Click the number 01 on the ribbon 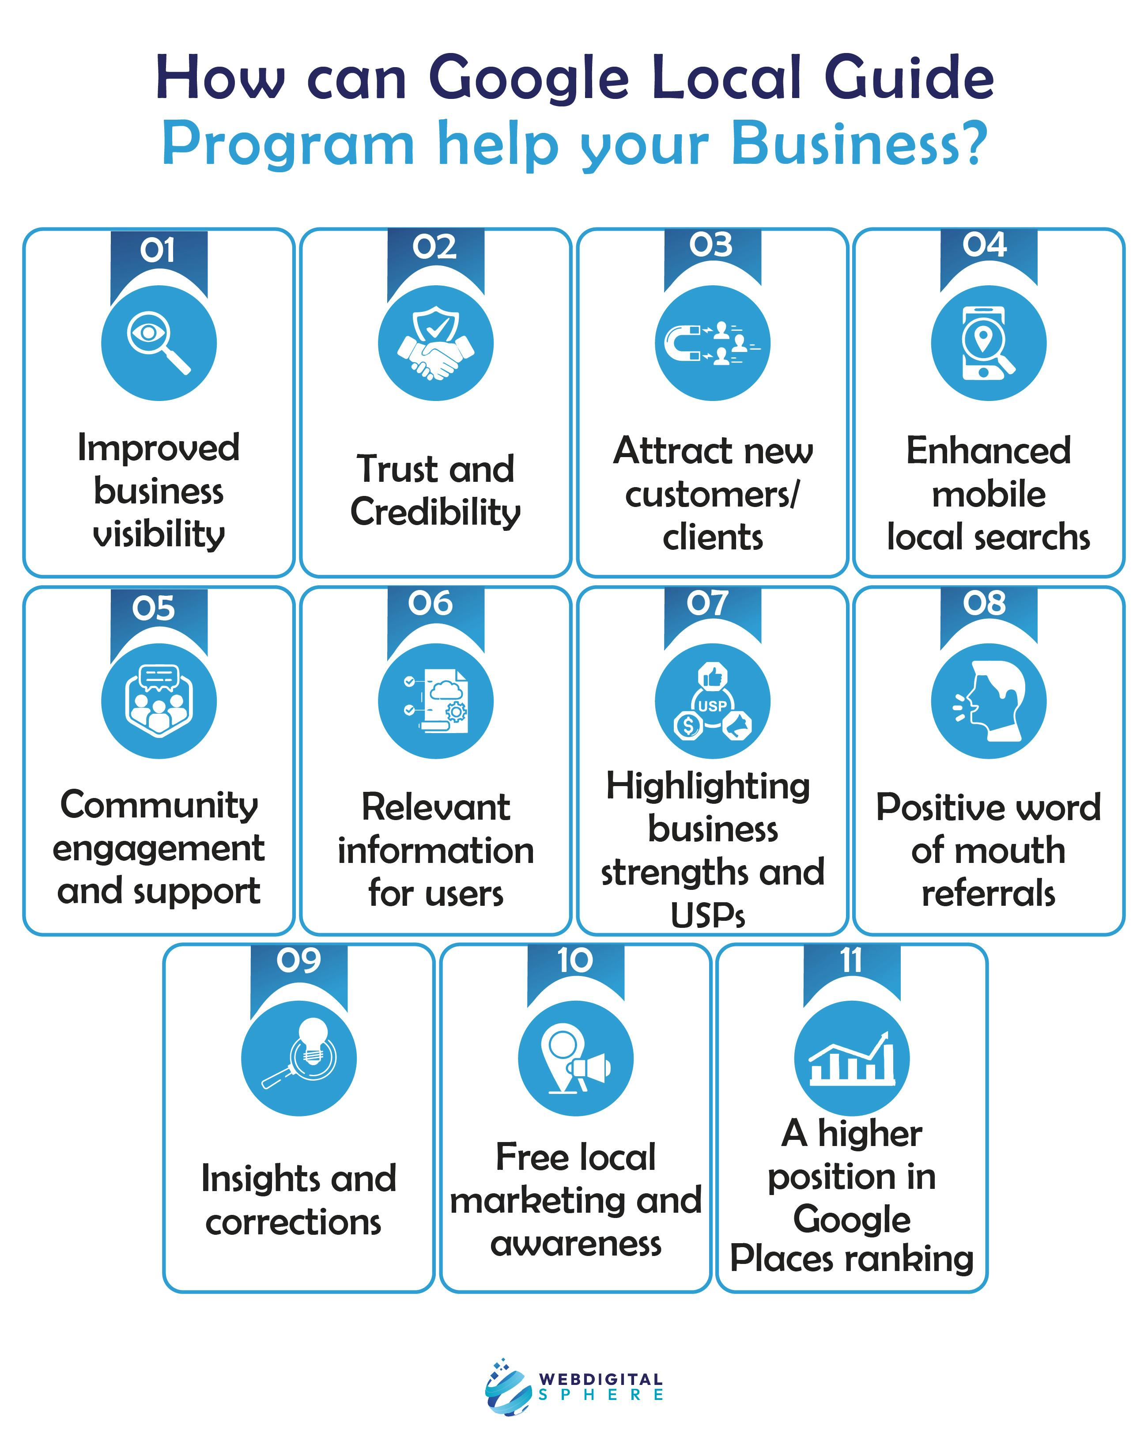pos(158,250)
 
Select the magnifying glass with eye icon pos(159,343)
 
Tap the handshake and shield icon pos(436,343)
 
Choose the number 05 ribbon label pos(154,608)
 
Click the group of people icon pos(159,701)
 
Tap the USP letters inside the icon pos(712,705)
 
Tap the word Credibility pos(436,513)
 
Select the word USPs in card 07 pos(708,914)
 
